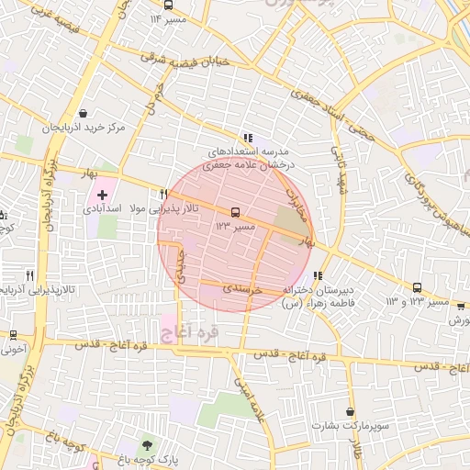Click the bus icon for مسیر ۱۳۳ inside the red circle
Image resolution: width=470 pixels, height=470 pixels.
coord(235,211)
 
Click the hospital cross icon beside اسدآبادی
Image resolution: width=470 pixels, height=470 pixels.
coord(102,195)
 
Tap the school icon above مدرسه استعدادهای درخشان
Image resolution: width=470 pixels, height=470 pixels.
coord(247,137)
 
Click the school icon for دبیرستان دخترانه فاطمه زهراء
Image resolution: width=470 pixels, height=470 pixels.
coord(318,274)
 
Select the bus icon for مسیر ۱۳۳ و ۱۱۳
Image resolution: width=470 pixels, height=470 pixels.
coord(418,287)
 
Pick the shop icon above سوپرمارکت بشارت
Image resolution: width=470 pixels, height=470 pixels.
coord(350,412)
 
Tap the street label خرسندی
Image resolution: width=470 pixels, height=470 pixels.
coord(243,289)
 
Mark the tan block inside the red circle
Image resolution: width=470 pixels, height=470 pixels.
coord(292,220)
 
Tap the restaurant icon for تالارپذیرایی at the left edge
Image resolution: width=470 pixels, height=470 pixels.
coord(30,274)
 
